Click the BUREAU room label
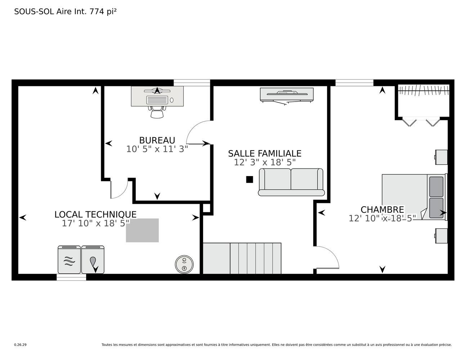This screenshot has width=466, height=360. click(157, 140)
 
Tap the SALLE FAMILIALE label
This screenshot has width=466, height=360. click(265, 153)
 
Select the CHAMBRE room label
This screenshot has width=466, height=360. click(382, 210)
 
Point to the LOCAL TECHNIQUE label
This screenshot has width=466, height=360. click(95, 215)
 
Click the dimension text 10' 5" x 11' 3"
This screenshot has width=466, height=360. click(157, 149)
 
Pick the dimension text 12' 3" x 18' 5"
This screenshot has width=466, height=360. click(265, 162)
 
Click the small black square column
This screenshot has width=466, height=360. click(250, 179)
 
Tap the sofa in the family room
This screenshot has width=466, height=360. click(291, 182)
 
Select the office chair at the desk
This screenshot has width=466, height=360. click(157, 112)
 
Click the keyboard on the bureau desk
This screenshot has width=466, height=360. click(157, 100)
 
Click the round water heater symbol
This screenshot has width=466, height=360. click(184, 265)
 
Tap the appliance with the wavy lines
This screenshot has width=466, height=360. click(69, 260)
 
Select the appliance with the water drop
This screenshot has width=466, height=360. click(93, 260)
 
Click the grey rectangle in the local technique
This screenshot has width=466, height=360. click(142, 230)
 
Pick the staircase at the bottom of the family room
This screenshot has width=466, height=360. click(242, 258)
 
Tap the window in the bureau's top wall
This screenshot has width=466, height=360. click(192, 83)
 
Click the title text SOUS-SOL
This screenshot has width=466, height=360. click(34, 12)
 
